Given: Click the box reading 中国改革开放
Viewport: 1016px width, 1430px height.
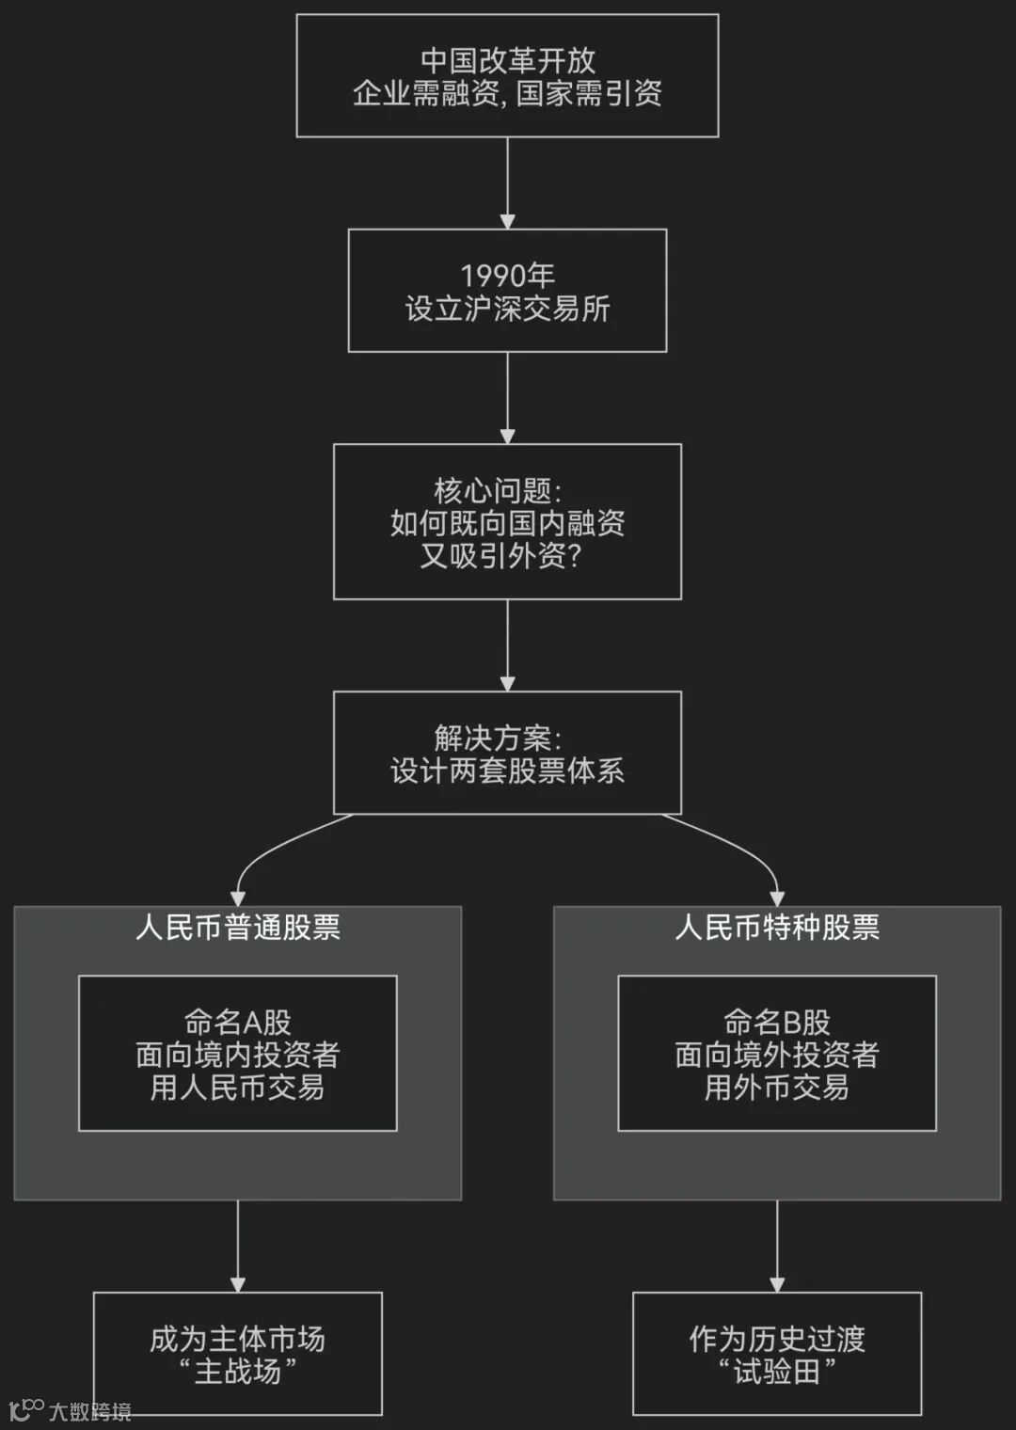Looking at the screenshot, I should click(x=507, y=75).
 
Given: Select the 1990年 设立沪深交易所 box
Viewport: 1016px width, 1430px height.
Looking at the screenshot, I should click(x=507, y=291).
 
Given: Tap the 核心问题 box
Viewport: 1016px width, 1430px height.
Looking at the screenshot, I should click(x=507, y=521).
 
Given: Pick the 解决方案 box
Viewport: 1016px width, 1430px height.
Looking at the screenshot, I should click(x=507, y=753).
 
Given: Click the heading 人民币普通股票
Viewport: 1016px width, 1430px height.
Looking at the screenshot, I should click(x=238, y=928).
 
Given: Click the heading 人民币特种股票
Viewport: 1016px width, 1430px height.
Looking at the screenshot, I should click(x=777, y=928).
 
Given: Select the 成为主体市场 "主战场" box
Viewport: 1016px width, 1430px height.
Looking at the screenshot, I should click(x=238, y=1354).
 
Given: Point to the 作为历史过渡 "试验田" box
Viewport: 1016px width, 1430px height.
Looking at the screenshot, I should click(x=777, y=1354).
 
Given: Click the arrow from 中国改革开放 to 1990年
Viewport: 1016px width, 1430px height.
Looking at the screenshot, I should click(x=507, y=183).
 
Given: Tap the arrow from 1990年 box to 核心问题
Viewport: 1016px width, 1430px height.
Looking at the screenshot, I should click(x=507, y=398).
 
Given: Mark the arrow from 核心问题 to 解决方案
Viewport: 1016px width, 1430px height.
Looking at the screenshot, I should click(x=507, y=645).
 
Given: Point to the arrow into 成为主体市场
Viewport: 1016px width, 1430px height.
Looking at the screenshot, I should click(x=238, y=1246).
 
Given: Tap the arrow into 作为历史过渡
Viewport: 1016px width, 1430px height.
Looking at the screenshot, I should click(x=777, y=1246).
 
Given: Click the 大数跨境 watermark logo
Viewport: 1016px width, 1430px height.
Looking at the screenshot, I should click(x=70, y=1410).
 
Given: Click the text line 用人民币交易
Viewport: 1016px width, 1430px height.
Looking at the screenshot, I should click(x=238, y=1088).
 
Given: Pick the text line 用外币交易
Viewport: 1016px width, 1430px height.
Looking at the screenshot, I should click(x=777, y=1088).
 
